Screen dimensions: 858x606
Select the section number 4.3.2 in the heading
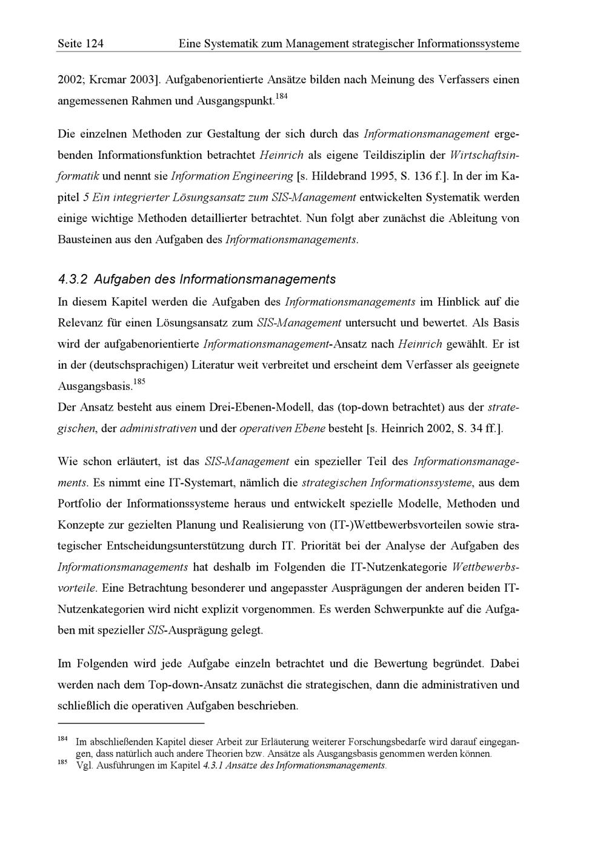tap(73, 280)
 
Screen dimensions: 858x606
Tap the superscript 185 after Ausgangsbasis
tap(139, 382)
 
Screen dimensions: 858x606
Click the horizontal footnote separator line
tap(131, 723)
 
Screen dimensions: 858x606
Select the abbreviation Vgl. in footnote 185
tap(84, 765)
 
